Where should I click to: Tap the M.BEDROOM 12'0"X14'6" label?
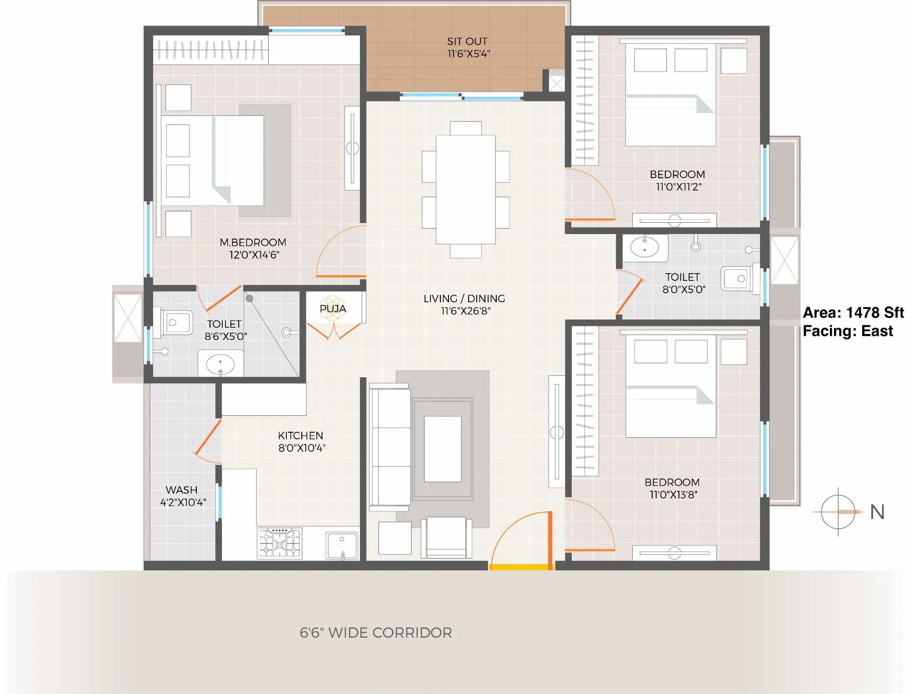(253, 249)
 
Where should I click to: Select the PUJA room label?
(333, 309)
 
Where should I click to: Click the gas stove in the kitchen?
(280, 543)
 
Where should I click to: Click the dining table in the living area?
(465, 190)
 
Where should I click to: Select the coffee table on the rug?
(442, 449)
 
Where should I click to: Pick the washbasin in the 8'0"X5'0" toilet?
(644, 248)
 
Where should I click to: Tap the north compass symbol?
(839, 512)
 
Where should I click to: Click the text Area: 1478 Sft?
(853, 313)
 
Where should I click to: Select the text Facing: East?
(848, 331)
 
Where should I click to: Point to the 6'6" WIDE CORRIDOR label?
(375, 633)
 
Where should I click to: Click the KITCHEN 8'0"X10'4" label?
(301, 442)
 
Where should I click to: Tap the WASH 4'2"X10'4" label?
(182, 496)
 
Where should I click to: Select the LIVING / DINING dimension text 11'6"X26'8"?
(465, 311)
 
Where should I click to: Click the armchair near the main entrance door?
(446, 537)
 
